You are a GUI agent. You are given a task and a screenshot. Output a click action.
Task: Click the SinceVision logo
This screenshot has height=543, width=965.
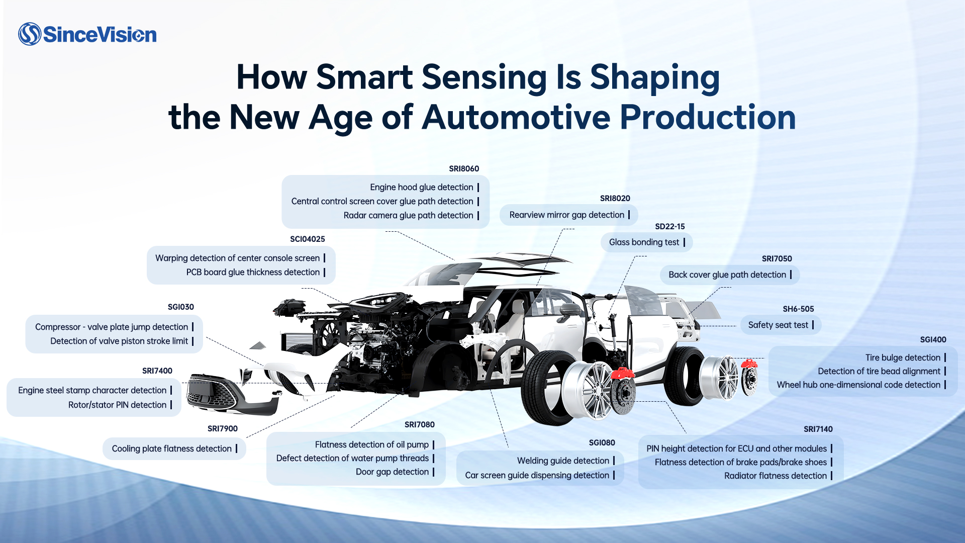[87, 34]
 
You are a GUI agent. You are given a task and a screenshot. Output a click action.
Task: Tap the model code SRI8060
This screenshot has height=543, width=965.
[464, 169]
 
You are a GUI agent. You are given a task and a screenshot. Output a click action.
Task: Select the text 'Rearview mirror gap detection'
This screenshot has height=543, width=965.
[566, 215]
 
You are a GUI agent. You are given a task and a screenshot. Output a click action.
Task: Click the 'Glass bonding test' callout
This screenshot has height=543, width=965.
[644, 242]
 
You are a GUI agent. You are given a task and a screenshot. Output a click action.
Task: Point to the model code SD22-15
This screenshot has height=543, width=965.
[669, 227]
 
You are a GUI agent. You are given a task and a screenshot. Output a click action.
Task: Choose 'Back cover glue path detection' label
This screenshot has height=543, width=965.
[727, 275]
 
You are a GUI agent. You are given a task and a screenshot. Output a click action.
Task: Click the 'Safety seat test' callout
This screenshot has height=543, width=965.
[778, 325]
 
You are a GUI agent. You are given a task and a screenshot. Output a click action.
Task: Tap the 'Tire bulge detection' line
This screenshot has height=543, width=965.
[903, 357]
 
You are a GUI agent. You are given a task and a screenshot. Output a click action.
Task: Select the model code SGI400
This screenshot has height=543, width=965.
[933, 340]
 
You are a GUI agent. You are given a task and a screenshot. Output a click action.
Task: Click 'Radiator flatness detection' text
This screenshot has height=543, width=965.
[775, 476]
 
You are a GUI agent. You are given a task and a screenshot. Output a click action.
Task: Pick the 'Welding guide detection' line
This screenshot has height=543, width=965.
[563, 461]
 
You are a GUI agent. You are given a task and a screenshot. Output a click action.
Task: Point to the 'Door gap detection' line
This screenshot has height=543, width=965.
[392, 472]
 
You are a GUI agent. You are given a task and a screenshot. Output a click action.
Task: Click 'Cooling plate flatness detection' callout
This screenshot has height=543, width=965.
[171, 448]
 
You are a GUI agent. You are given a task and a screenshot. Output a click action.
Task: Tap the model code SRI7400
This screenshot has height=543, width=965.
[157, 371]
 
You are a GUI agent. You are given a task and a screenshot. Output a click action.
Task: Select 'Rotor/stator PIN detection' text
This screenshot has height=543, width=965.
[117, 405]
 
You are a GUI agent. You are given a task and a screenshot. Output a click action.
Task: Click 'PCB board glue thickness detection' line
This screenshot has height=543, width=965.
[253, 272]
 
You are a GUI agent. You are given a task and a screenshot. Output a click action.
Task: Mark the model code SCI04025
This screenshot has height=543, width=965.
[307, 239]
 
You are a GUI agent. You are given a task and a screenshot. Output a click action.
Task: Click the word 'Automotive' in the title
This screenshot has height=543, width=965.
[516, 118]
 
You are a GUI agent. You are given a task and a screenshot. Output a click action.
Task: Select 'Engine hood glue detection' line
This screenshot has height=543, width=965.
[422, 187]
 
